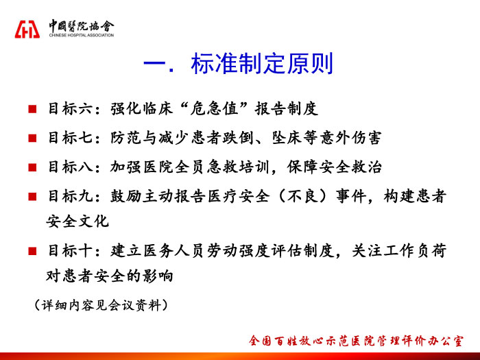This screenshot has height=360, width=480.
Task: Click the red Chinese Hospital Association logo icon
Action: pos(27,29)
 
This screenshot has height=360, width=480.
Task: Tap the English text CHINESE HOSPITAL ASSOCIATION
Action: pos(82,35)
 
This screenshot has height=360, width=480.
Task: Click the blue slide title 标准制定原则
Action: pos(262,64)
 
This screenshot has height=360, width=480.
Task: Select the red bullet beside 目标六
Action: pos(32,109)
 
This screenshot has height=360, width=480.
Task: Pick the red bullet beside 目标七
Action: pos(32,138)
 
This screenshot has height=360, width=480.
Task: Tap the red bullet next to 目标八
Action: pos(32,167)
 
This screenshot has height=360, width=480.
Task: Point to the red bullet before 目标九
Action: pos(32,197)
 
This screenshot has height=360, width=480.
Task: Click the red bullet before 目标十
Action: pos(32,252)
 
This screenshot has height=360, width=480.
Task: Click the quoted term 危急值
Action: pos(214,108)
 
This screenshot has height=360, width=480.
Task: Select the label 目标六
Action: pos(71,108)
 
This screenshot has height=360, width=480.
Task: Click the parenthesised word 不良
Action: pos(303,196)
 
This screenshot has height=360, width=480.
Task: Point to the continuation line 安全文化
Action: pos(77,221)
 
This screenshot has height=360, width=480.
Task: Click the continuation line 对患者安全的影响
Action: pos(110,276)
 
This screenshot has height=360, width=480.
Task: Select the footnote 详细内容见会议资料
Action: pos(101,305)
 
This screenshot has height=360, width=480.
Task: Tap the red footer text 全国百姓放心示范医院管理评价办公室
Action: pos(356,341)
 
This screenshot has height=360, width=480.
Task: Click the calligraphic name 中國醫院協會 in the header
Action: pos(82,26)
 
